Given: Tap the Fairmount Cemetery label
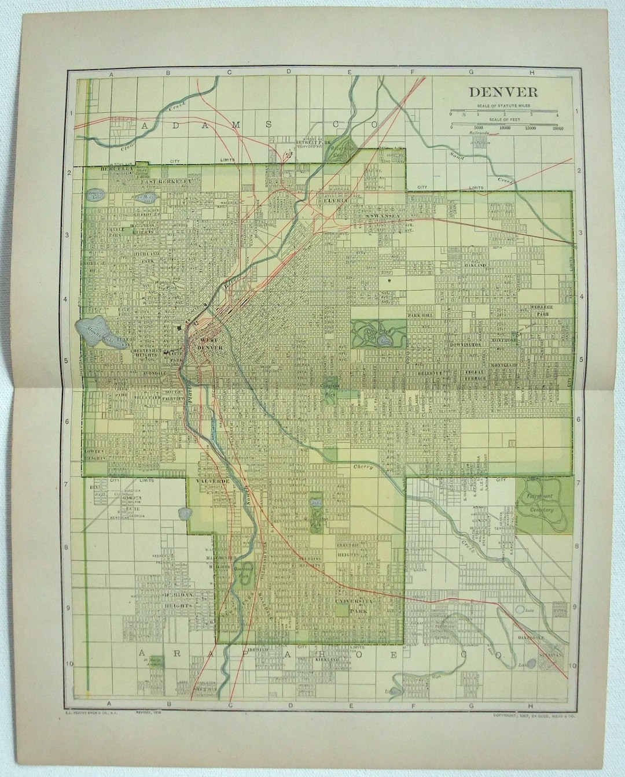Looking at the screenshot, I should click(540, 503).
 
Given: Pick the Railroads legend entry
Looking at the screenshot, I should click(479, 133).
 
